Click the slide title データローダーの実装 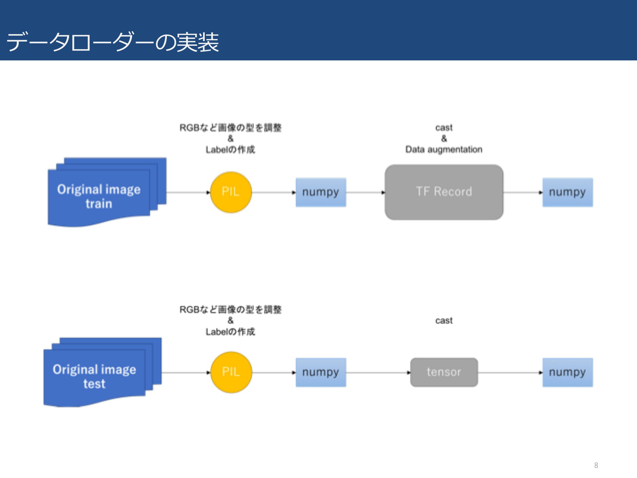[112, 42]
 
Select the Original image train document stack [107, 192]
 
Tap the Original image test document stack [102, 372]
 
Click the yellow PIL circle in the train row [231, 192]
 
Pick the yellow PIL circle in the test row [231, 372]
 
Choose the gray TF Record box [444, 192]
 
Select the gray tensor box [444, 372]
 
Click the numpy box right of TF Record [568, 192]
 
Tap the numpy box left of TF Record [321, 192]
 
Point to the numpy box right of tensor [568, 372]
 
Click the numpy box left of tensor [321, 372]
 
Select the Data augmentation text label [444, 150]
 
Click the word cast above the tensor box [444, 321]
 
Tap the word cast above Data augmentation [444, 128]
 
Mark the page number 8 [596, 465]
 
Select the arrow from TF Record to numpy [523, 193]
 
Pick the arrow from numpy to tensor [378, 373]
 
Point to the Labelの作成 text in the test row [231, 332]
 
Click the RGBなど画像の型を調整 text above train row [231, 128]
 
